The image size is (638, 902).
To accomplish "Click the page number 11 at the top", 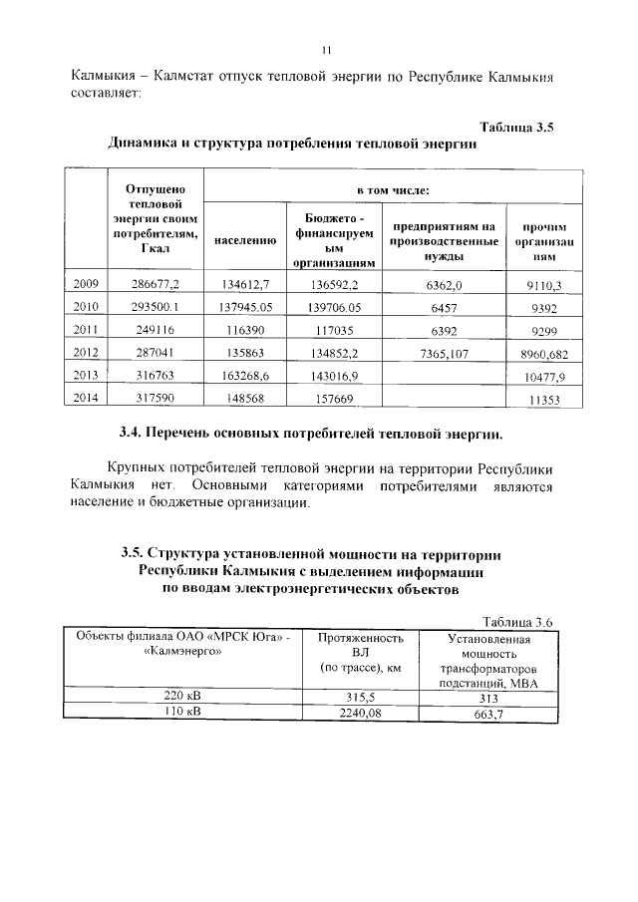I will click(325, 51).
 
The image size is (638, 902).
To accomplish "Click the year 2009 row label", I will click(86, 285).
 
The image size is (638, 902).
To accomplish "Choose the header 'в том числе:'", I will click(394, 188).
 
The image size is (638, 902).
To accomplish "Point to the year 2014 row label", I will click(86, 399).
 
